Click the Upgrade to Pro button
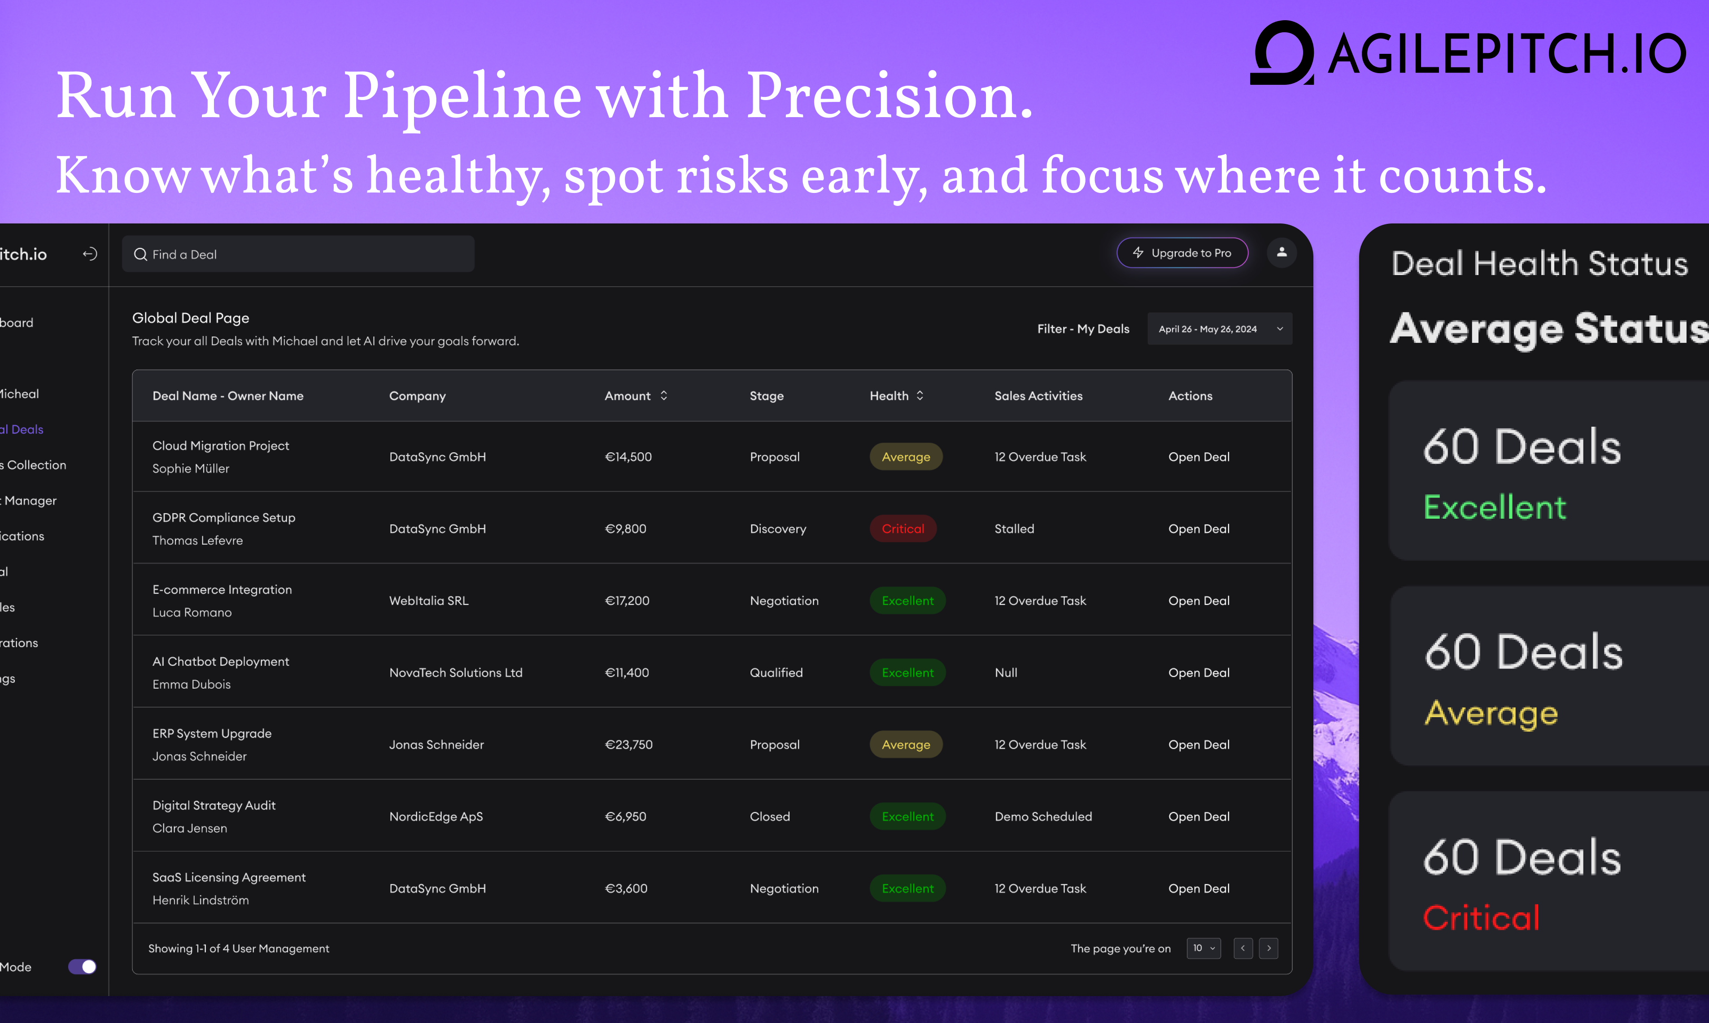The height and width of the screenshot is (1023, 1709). [1182, 253]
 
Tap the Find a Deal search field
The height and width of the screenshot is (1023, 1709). [298, 254]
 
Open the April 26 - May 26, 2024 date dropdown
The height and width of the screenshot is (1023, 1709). [1219, 329]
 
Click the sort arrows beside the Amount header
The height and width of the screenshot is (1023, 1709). [663, 396]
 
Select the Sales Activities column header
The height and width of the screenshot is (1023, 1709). [1038, 396]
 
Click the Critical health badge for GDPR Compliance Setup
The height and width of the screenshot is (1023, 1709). [903, 529]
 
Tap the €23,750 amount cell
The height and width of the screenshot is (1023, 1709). [628, 744]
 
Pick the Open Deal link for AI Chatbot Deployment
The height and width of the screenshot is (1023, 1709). [1199, 673]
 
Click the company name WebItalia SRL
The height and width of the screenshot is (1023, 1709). [429, 600]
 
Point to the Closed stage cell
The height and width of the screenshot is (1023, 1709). [770, 816]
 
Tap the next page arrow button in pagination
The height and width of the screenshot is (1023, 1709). [1269, 949]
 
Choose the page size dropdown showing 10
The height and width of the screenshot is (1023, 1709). [1203, 949]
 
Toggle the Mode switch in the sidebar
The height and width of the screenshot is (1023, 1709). [82, 966]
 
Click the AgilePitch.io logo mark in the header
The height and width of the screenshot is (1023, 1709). [1282, 52]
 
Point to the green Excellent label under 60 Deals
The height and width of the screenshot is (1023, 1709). [1494, 507]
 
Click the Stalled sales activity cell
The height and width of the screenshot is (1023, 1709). [1014, 529]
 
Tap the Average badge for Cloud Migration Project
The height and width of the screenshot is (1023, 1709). [906, 457]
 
